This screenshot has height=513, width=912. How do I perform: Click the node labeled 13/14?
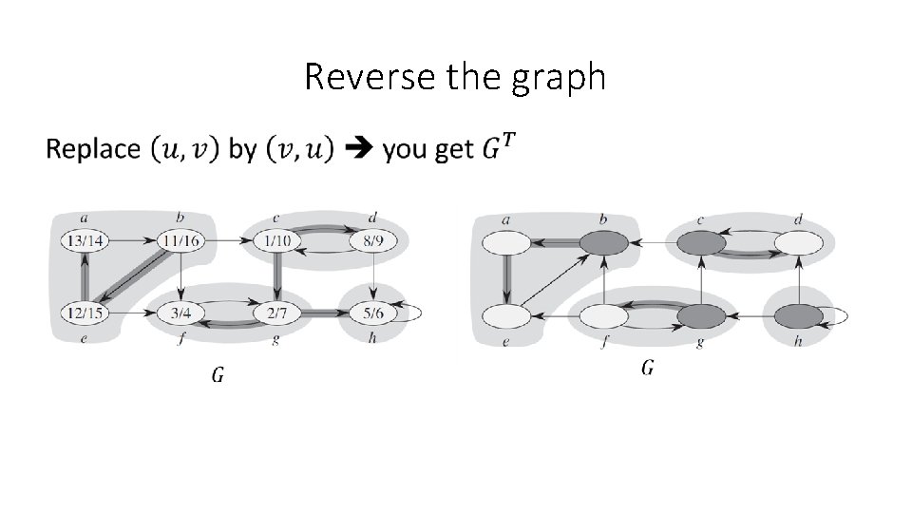[x=85, y=241]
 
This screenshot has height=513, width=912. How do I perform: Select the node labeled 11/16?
[x=180, y=241]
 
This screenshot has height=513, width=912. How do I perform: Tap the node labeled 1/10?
[x=277, y=241]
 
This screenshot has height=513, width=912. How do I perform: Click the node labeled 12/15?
[x=85, y=312]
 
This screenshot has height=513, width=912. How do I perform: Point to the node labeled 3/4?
[x=180, y=312]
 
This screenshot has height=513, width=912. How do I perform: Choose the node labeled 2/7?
[x=277, y=312]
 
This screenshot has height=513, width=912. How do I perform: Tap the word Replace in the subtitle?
[x=92, y=149]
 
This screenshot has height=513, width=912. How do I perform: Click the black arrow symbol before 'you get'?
[x=358, y=149]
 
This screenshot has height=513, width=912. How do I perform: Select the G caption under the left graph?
[x=218, y=374]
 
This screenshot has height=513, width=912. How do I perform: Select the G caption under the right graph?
[x=647, y=368]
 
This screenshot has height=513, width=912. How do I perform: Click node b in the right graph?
[x=604, y=244]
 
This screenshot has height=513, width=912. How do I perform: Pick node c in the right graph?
[x=701, y=244]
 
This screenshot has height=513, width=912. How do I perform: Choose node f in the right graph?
[x=604, y=314]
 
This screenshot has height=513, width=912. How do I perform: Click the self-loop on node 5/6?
[x=415, y=312]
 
